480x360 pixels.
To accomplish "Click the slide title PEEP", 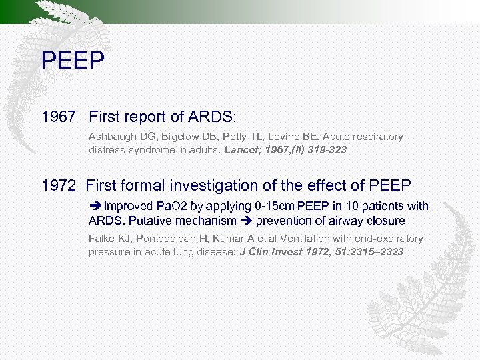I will pos(73,61).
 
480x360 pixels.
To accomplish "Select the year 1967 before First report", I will pos(59,117).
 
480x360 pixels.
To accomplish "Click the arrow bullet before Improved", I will pos(95,206).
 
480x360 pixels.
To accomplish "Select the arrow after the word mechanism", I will pos(246,220).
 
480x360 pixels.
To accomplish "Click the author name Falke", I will pos(101,238).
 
